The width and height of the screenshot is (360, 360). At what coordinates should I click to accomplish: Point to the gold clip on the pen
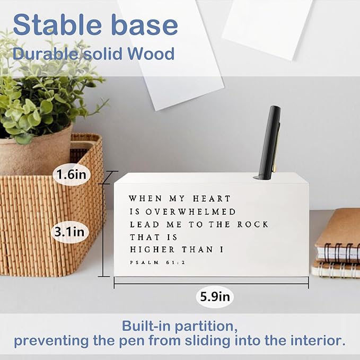click(x=275, y=159)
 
